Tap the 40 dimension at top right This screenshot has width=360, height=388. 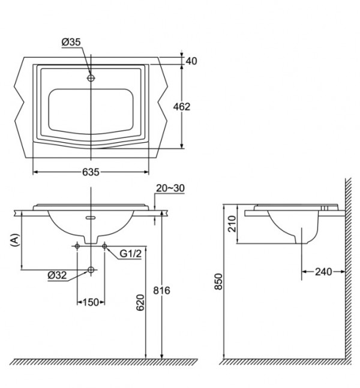[191, 61]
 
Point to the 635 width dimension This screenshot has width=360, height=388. [91, 172]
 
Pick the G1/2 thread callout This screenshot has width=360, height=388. [129, 254]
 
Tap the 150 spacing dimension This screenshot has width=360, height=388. [90, 302]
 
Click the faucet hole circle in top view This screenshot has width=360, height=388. [91, 78]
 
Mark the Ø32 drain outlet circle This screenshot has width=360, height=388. [91, 270]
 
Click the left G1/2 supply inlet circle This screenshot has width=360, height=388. [78, 246]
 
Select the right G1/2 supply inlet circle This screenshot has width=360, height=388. [104, 246]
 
